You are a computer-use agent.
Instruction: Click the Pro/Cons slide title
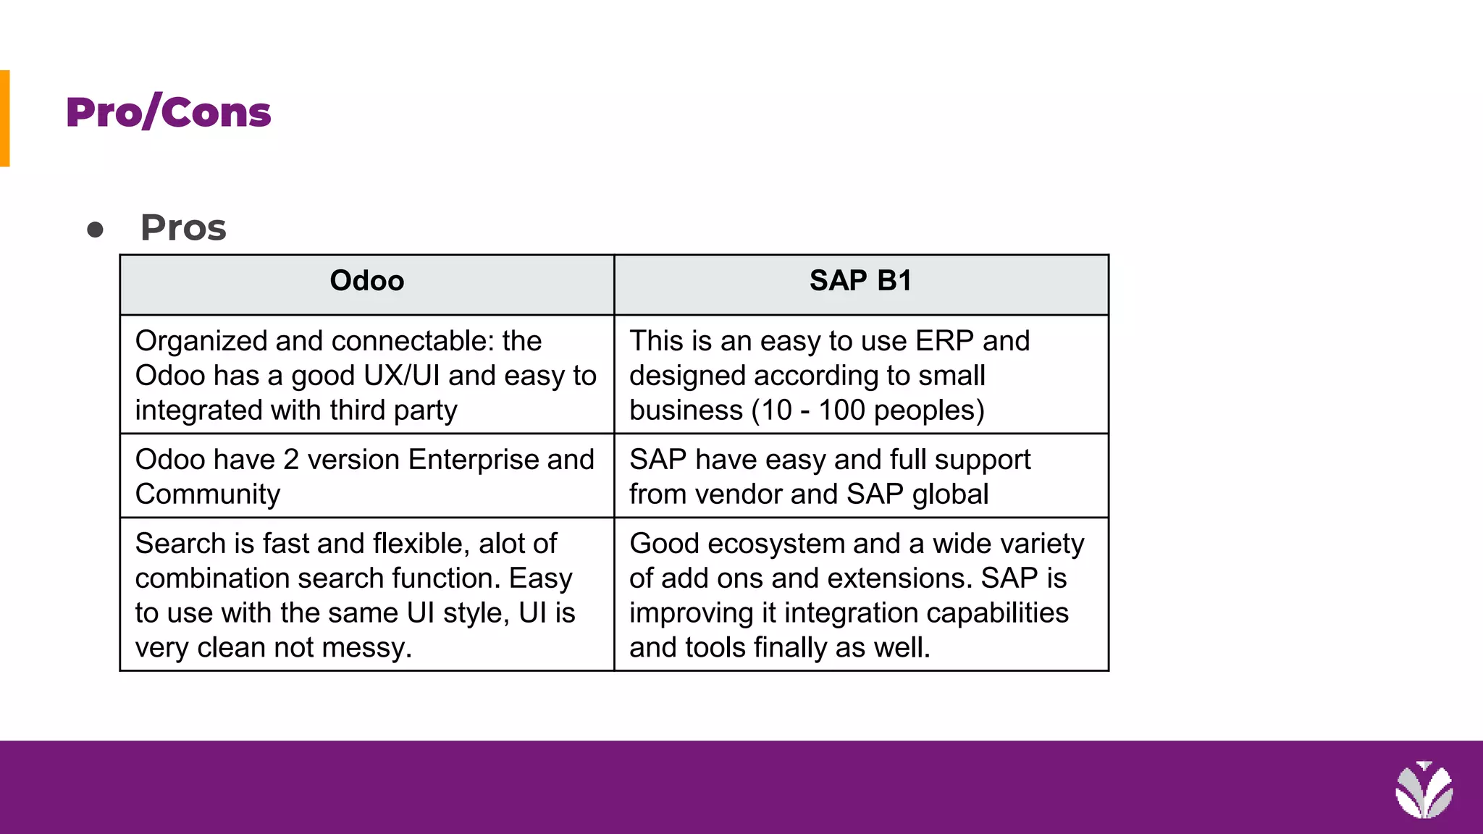(x=168, y=113)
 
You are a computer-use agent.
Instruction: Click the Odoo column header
(x=366, y=281)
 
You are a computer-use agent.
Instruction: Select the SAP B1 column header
(x=860, y=281)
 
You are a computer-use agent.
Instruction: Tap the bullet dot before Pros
(x=95, y=230)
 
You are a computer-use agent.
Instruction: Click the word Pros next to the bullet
(x=183, y=228)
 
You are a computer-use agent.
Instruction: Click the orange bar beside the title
(x=4, y=118)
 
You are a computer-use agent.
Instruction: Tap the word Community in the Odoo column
(x=207, y=494)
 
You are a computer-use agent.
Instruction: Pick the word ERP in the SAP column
(x=944, y=341)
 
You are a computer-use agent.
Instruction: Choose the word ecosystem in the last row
(x=776, y=544)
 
